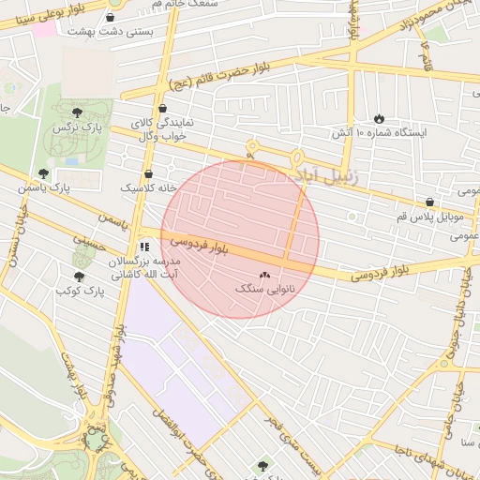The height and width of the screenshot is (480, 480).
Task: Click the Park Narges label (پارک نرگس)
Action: point(77,127)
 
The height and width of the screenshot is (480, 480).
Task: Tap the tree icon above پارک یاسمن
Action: point(43,173)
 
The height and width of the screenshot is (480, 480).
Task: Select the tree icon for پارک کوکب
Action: point(79,277)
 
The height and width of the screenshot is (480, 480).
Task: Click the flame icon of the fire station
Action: point(379,119)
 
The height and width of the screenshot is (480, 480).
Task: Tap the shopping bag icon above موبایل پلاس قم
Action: point(429,201)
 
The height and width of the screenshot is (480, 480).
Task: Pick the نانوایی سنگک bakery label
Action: point(263,290)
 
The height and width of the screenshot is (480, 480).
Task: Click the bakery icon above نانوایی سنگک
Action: point(263,276)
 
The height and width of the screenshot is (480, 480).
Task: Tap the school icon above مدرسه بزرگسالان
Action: point(143,247)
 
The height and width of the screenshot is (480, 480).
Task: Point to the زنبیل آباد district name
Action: point(324,174)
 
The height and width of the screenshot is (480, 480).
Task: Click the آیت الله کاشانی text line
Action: point(137,277)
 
